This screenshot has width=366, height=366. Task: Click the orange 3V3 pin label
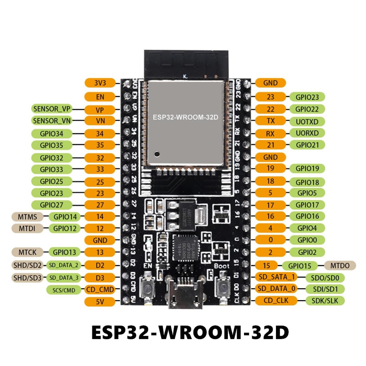coord(100,83)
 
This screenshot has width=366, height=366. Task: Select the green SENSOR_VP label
coord(52,109)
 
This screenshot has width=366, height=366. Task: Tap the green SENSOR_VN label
coord(52,121)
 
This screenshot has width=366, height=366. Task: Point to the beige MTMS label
coord(27,217)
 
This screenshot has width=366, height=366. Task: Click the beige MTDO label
coord(340,265)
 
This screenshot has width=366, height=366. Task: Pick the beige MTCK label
coord(27,252)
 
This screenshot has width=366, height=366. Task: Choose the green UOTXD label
coord(307,122)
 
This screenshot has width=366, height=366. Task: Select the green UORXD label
coord(307,133)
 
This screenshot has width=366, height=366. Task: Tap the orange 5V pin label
coord(100,302)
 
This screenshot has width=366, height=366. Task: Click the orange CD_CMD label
coord(100,289)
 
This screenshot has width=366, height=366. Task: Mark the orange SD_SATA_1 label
coord(277,277)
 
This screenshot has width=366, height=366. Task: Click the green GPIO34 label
coord(52,134)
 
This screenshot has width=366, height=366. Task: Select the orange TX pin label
coord(270,121)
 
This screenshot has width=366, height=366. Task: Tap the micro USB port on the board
coord(183,293)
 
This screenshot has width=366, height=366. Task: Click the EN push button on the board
coord(148,287)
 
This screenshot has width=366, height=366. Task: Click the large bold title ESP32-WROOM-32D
coord(190,332)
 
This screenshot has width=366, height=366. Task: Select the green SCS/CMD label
coord(64,290)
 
